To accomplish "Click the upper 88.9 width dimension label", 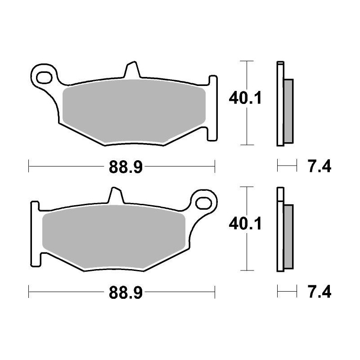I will tap(126, 167).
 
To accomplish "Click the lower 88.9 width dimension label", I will tap(126, 293).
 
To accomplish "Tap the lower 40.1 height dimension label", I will tap(245, 223).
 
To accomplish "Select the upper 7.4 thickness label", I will tap(319, 167).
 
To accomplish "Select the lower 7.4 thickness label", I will tap(319, 293).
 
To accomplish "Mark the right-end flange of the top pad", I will tap(213, 108).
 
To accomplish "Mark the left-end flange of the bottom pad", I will tap(35, 234).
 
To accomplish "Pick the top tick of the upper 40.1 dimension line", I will tap(246, 60).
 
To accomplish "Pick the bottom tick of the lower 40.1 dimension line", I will tap(246, 271).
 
